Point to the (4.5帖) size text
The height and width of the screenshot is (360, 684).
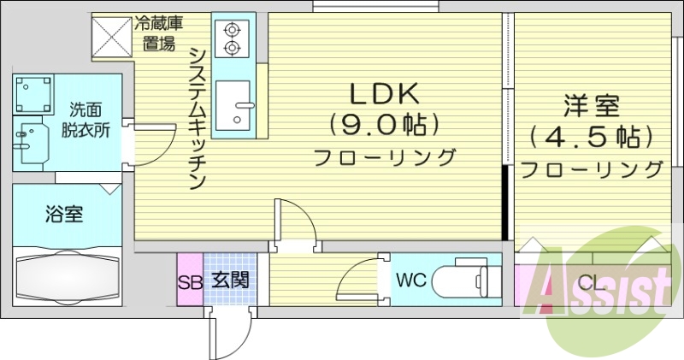click(x=591, y=136)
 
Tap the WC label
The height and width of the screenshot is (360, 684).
click(x=410, y=279)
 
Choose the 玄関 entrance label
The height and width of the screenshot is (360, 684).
click(x=230, y=280)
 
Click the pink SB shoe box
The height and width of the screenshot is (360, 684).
click(x=190, y=280)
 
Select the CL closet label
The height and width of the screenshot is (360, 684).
click(x=589, y=281)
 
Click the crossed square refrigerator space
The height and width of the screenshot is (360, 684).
click(x=112, y=36)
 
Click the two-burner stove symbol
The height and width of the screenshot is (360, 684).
click(x=232, y=38)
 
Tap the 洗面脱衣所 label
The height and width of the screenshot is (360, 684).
click(x=85, y=120)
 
